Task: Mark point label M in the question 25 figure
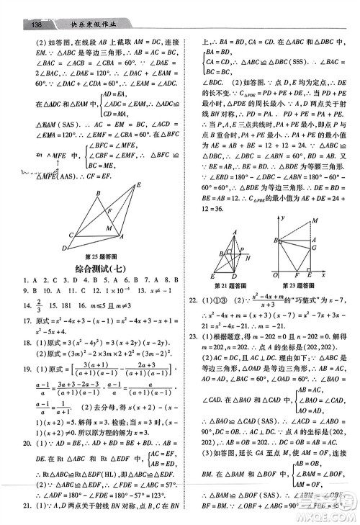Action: [x=109, y=228]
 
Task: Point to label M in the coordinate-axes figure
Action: [x=315, y=221]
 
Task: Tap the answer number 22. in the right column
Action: [x=192, y=298]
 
